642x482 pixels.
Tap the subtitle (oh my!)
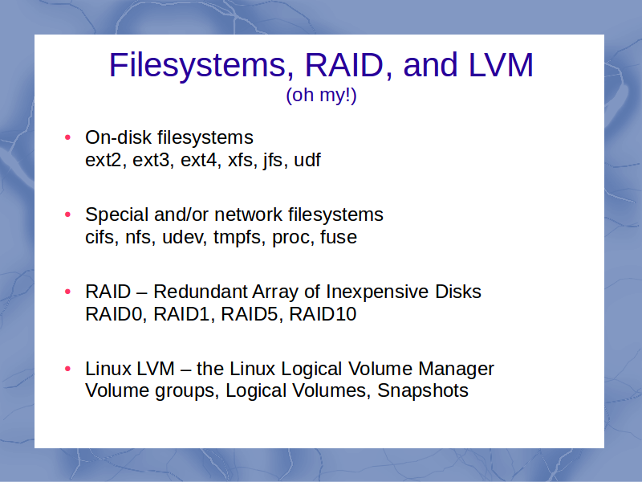322,95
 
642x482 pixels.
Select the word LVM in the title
501,65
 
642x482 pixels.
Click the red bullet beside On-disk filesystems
68,137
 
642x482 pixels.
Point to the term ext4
198,160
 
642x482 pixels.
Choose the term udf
307,159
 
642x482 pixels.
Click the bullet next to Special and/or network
68,214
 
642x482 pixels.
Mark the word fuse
338,237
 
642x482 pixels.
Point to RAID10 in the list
323,314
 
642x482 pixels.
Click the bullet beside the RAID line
68,292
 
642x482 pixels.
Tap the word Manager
456,369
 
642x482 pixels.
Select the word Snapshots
423,390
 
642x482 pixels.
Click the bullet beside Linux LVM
68,369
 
